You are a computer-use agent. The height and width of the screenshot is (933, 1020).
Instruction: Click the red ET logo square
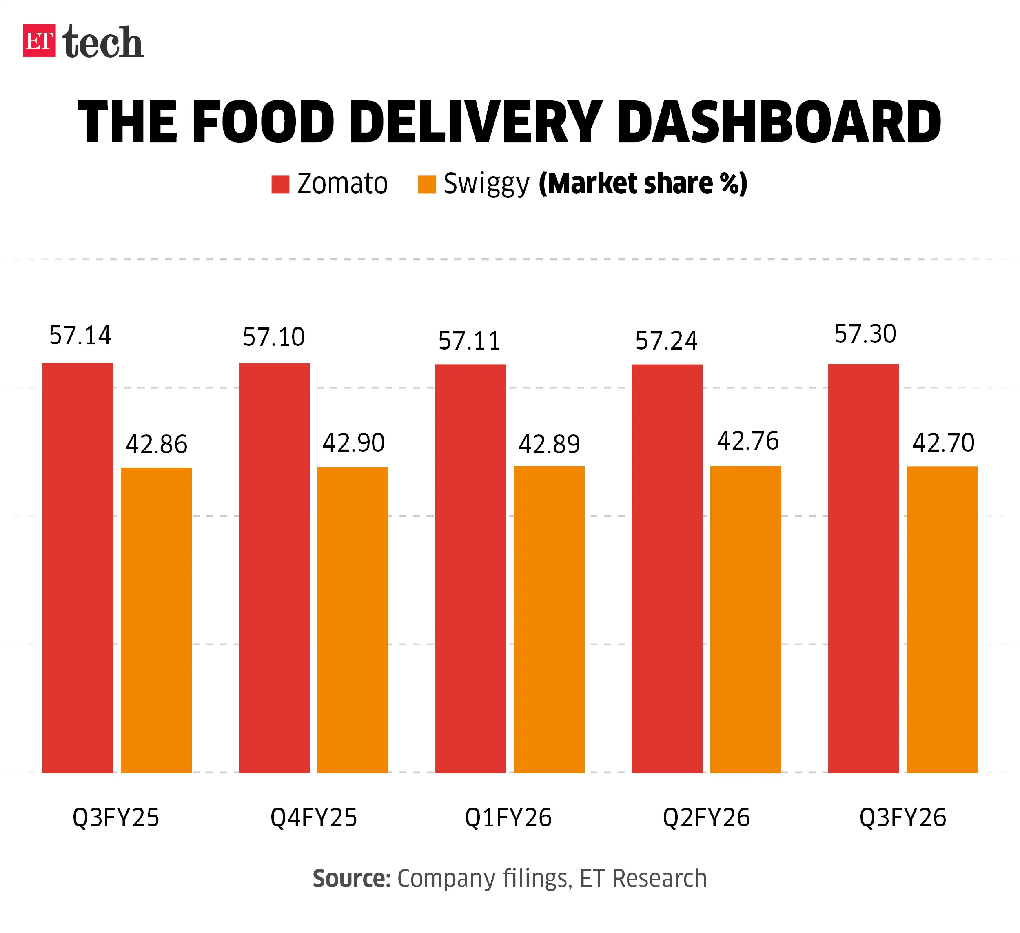[x=39, y=40]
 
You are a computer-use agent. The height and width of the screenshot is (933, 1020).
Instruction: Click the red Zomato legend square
[x=280, y=184]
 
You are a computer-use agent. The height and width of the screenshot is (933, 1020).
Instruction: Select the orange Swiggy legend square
[x=426, y=184]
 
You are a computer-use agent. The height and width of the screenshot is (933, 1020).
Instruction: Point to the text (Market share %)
[x=643, y=183]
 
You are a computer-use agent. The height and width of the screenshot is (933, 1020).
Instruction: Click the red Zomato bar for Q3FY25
[x=78, y=567]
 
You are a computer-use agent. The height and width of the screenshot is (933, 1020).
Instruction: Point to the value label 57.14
[x=80, y=335]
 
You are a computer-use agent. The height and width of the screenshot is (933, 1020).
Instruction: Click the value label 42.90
[x=354, y=443]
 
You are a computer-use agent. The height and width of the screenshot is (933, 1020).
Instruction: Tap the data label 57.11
[x=469, y=340]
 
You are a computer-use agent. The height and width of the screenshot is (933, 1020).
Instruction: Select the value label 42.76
[x=748, y=441]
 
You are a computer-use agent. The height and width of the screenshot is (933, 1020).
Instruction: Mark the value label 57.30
[x=865, y=334]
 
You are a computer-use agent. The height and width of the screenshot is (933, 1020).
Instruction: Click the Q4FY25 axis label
[x=314, y=817]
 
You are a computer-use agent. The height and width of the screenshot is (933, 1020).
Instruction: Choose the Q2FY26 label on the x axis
[x=706, y=817]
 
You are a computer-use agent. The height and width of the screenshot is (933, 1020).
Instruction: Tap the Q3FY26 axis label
[x=902, y=817]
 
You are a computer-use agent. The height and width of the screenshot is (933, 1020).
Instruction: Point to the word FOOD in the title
[x=263, y=122]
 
